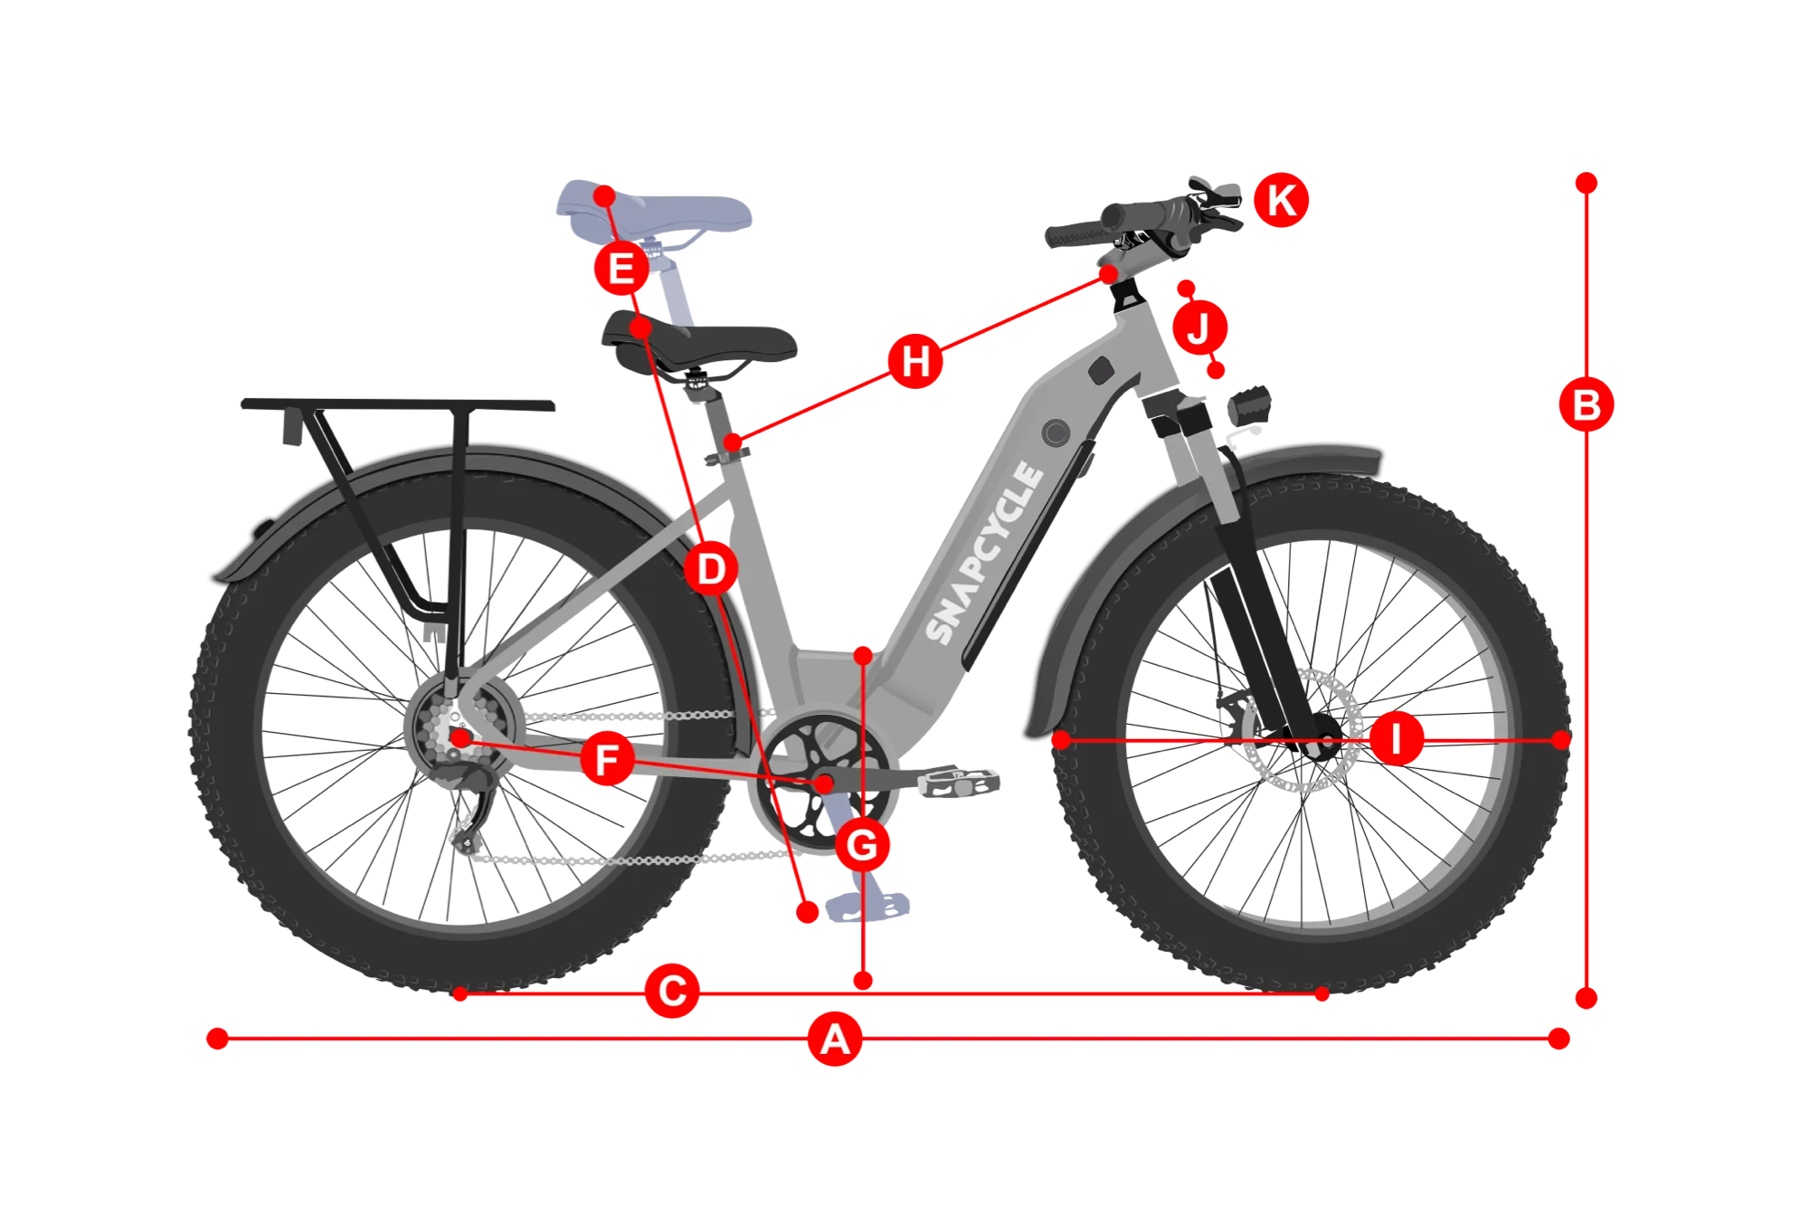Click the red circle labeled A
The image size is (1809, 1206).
[x=834, y=1039]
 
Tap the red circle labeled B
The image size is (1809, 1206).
[x=1586, y=404]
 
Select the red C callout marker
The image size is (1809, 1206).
[x=672, y=991]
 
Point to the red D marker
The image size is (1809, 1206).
[x=711, y=569]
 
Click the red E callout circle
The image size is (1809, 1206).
[x=621, y=268]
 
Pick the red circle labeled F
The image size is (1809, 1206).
[x=607, y=758]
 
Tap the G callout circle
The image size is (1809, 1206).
[x=862, y=845]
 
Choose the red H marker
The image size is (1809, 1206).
[x=915, y=361]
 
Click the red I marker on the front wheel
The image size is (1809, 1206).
[x=1397, y=738]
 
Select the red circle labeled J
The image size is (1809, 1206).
[x=1199, y=327]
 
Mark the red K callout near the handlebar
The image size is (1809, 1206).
[x=1281, y=200]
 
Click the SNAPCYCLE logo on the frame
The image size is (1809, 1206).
[x=984, y=553]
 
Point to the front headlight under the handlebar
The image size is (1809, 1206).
[x=1249, y=405]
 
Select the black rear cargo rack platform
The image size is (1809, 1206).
[x=398, y=404]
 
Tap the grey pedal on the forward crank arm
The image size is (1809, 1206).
[x=959, y=783]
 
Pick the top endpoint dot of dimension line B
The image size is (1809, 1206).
[x=1586, y=183]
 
